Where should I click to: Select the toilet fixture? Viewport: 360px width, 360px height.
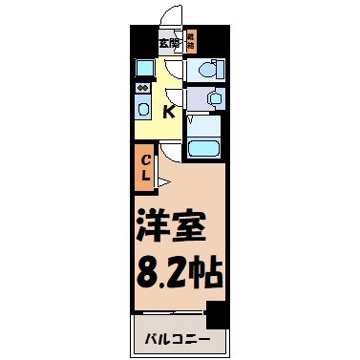click(x=206, y=71)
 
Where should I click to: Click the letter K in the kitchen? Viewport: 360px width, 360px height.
click(x=169, y=114)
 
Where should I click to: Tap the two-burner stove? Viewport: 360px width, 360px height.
click(x=142, y=89)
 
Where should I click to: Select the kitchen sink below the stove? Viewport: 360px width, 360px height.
click(x=142, y=108)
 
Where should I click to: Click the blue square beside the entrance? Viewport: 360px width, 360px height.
click(x=143, y=67)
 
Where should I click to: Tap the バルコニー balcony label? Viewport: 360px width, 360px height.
click(x=178, y=339)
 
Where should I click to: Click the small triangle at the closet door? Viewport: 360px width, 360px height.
click(x=163, y=180)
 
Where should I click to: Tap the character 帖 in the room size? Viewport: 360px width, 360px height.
click(x=208, y=274)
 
